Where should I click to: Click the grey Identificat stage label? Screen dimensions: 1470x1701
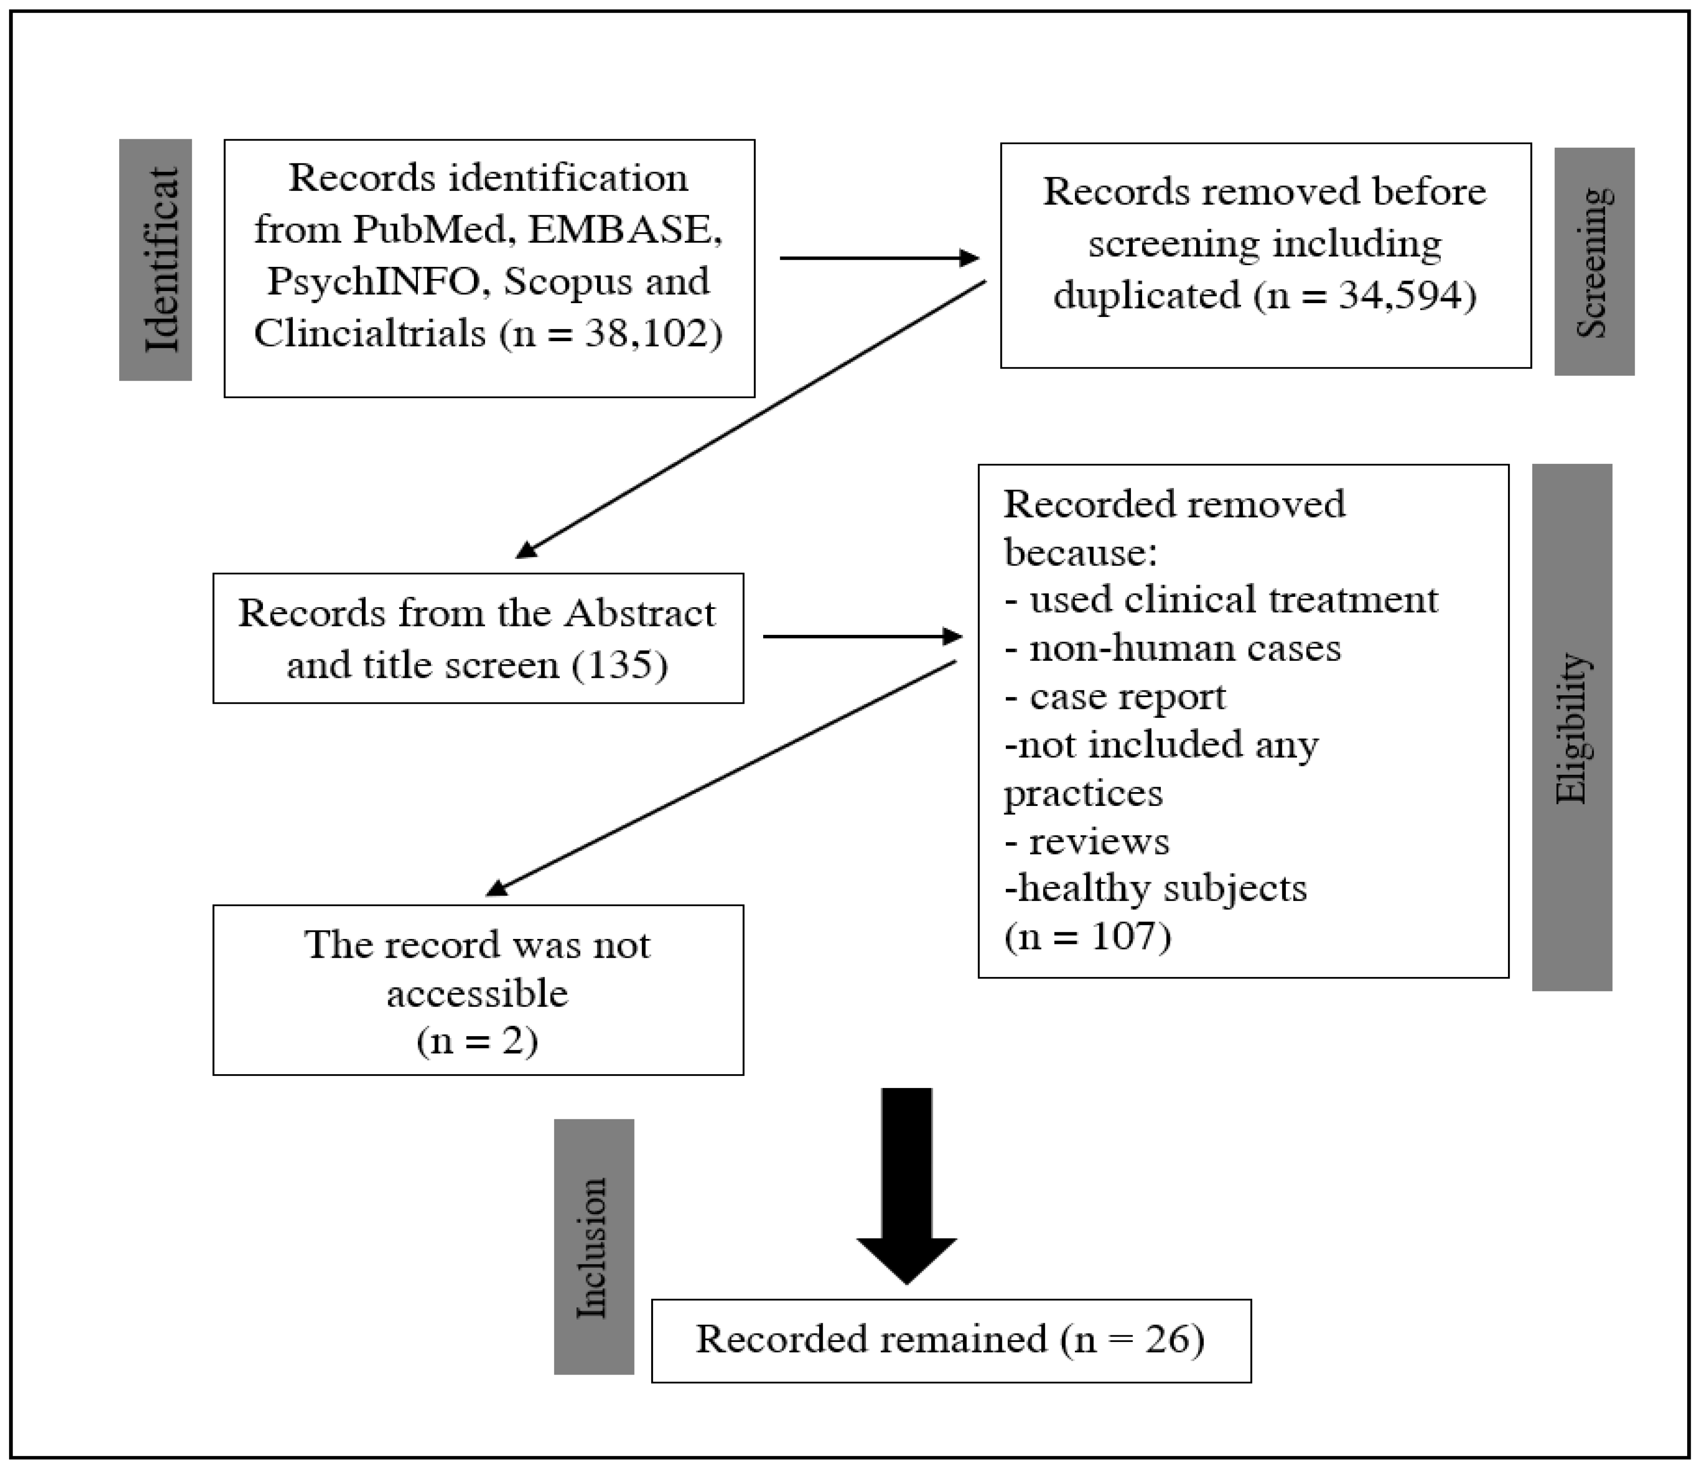[155, 259]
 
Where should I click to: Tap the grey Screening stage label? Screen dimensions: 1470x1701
[1594, 261]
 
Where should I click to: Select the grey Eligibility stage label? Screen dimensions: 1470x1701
[1571, 727]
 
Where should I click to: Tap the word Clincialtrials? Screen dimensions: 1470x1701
[369, 333]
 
